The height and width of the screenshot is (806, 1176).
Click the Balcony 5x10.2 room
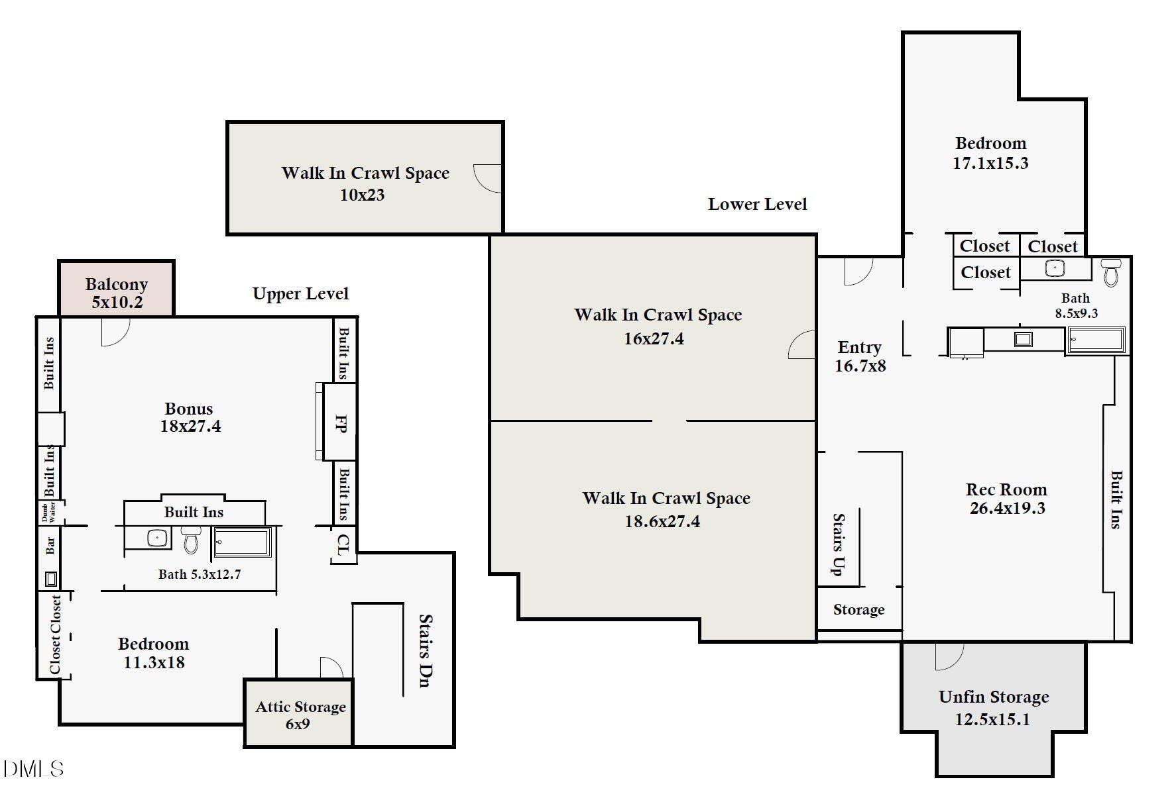(116, 293)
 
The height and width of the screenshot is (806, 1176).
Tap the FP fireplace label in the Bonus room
(341, 423)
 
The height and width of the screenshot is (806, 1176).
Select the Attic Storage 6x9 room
(300, 715)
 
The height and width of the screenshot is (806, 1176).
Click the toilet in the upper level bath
(191, 540)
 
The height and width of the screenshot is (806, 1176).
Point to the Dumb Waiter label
(48, 512)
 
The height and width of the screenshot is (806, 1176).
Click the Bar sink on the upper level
(51, 579)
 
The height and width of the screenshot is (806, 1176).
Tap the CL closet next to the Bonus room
(342, 545)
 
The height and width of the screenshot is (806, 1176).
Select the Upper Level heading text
(300, 293)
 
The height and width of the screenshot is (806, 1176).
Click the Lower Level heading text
(757, 204)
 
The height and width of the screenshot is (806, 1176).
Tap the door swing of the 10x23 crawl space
(488, 178)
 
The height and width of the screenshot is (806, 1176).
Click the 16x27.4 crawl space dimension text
(654, 338)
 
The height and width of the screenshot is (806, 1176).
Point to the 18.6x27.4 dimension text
(662, 521)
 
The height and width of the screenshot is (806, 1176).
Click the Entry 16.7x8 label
(860, 356)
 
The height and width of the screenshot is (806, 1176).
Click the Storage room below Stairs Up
(858, 610)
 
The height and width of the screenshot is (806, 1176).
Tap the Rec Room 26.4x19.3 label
(1006, 499)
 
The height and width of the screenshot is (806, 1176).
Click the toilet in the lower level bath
(1111, 272)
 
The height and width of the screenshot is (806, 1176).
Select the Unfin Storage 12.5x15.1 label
(993, 707)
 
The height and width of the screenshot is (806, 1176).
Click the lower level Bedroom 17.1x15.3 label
(990, 153)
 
